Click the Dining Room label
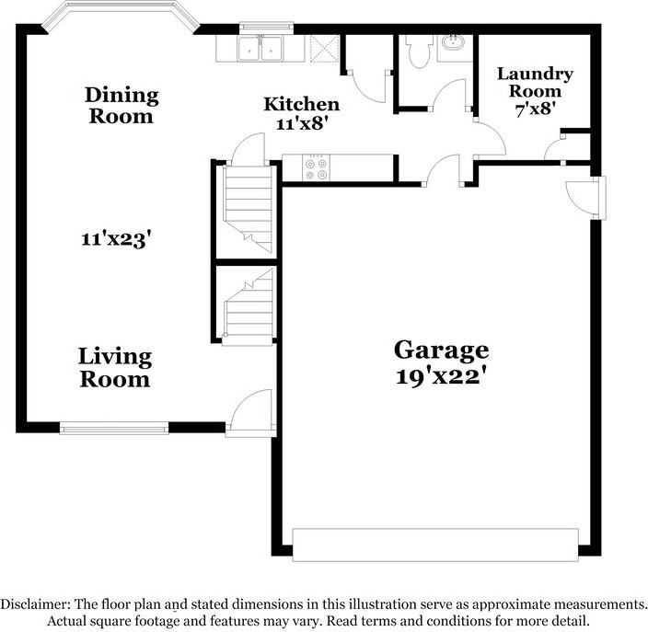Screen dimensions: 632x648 121,106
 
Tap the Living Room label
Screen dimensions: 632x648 114,366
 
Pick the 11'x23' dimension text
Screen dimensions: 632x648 114,239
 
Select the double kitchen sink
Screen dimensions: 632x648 260,50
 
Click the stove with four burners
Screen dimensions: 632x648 316,167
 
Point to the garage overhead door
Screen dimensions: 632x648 435,544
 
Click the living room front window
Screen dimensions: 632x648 114,426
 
